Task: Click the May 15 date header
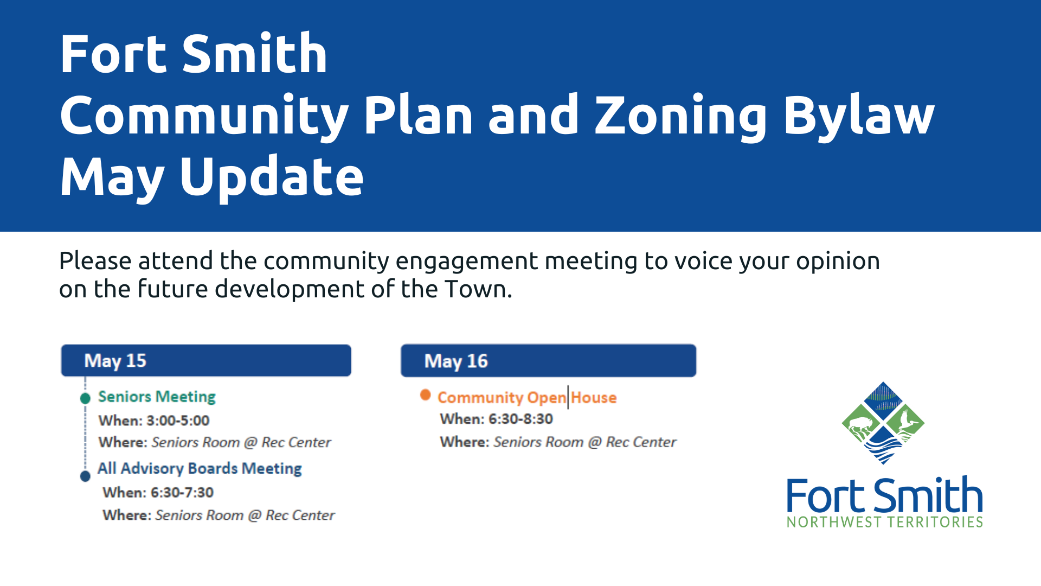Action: click(x=206, y=360)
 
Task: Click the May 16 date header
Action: click(x=548, y=360)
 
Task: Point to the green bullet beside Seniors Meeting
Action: click(x=85, y=398)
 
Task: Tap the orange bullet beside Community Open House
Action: click(x=426, y=395)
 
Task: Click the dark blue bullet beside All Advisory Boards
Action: click(x=85, y=476)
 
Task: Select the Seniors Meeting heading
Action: click(x=157, y=397)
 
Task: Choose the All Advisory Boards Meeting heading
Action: click(x=200, y=469)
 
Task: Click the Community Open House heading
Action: click(x=527, y=398)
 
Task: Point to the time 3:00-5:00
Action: click(x=177, y=421)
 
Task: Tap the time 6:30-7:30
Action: click(x=182, y=493)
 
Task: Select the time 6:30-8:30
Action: click(x=520, y=419)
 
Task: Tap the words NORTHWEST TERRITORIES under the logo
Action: click(x=885, y=522)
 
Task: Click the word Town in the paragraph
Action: click(x=475, y=289)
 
